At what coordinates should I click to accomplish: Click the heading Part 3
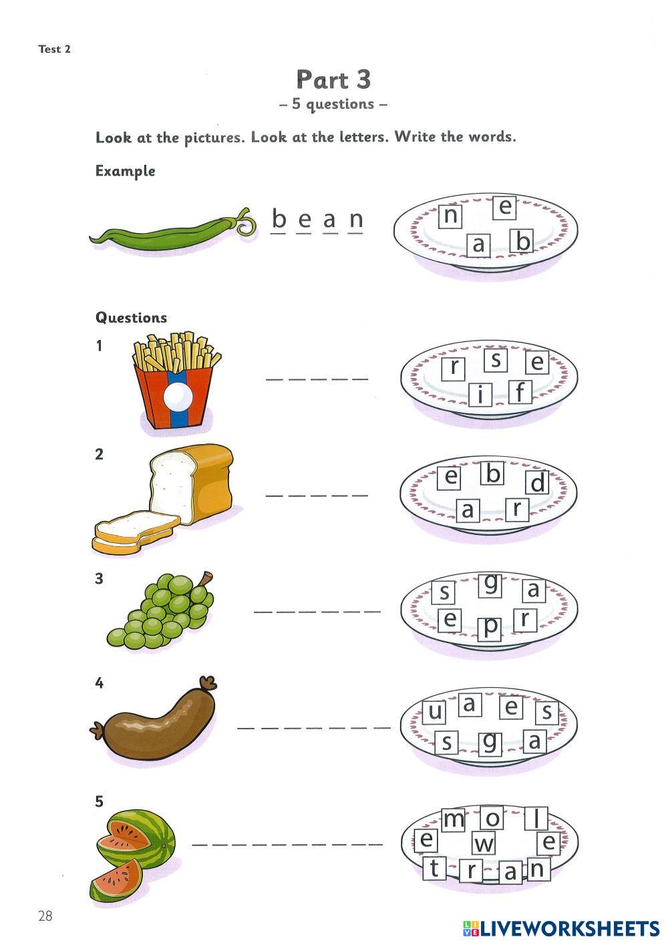click(333, 80)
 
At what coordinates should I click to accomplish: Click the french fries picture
click(175, 381)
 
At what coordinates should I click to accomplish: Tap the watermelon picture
click(132, 852)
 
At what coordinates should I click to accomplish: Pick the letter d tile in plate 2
click(537, 482)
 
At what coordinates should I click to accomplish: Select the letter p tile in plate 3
click(491, 628)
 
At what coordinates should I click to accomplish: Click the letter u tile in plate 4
click(435, 713)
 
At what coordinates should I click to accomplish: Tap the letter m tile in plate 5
click(454, 819)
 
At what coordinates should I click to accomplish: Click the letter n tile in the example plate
click(452, 216)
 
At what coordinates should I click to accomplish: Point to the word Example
click(125, 171)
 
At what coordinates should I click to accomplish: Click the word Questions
click(131, 318)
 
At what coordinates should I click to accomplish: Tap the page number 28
click(45, 916)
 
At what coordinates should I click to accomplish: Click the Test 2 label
click(54, 49)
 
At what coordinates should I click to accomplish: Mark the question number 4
click(100, 683)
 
